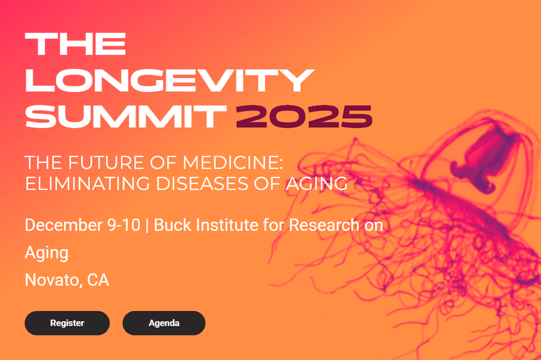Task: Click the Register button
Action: [67, 323]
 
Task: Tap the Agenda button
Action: [164, 323]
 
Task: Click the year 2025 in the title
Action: [304, 115]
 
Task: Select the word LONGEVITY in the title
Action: [169, 80]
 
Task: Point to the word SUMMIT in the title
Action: [126, 115]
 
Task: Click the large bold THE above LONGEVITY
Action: [76, 44]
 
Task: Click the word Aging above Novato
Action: [47, 253]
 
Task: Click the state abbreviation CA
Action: [98, 280]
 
